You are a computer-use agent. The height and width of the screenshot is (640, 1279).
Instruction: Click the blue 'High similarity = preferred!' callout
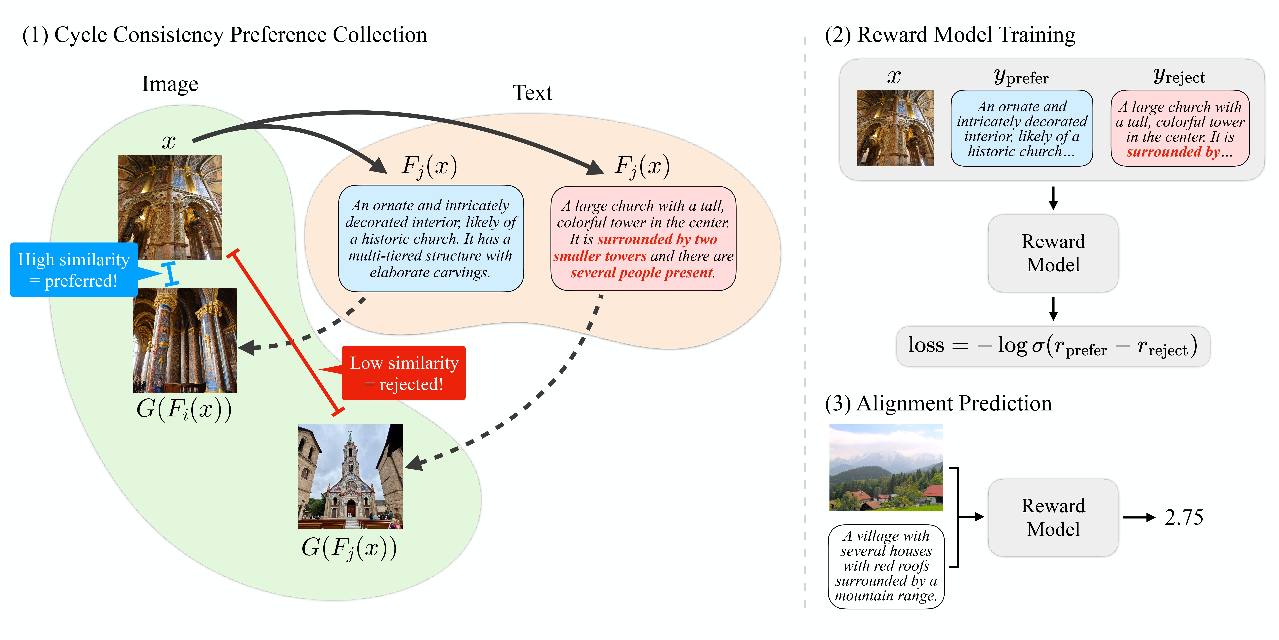click(73, 270)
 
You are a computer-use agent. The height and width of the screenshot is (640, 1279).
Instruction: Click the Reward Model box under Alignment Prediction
click(1053, 517)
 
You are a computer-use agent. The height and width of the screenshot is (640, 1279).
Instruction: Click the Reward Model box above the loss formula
click(1053, 253)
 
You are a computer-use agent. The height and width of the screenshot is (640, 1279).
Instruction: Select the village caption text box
click(886, 566)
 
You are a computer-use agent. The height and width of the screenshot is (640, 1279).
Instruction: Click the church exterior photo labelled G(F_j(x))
click(350, 476)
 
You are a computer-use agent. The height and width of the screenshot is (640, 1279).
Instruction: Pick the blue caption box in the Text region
click(431, 239)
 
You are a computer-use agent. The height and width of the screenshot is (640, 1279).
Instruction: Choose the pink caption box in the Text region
click(643, 239)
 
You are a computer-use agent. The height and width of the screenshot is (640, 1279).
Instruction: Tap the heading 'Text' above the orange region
click(532, 93)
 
